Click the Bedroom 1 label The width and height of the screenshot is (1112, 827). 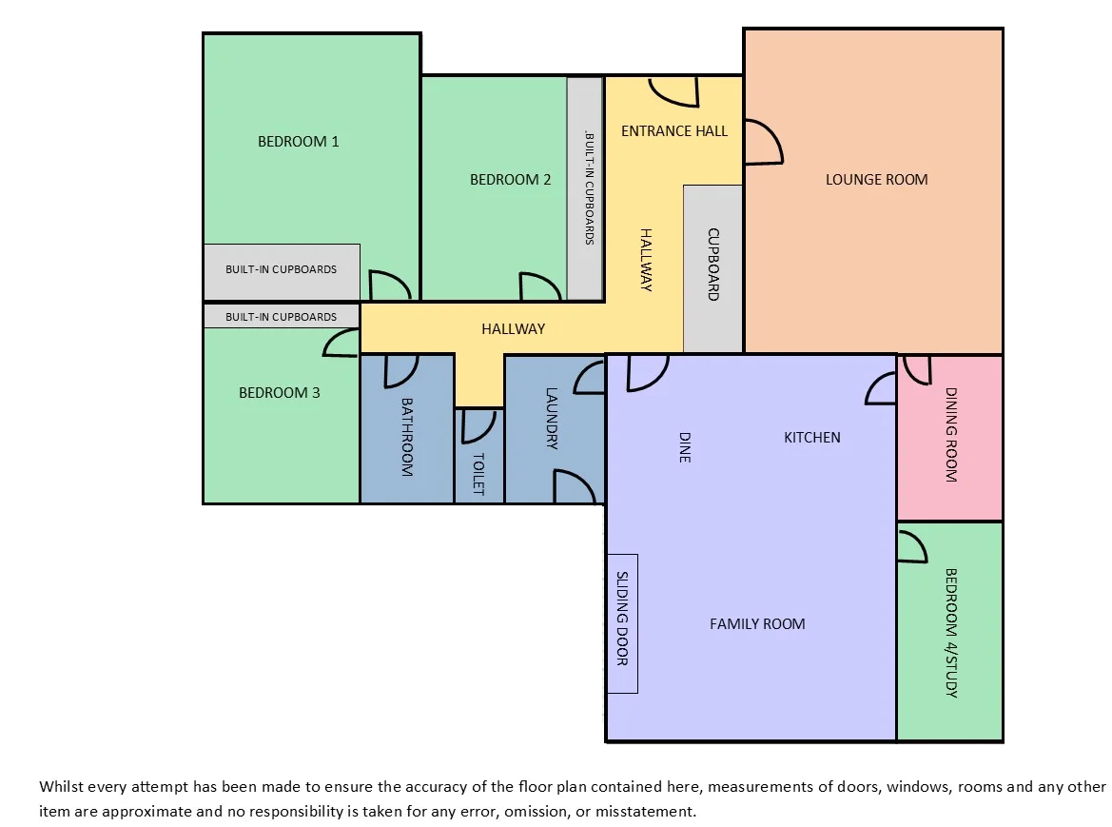point(298,142)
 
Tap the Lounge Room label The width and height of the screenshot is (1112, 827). point(876,180)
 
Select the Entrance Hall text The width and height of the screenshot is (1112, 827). point(674,131)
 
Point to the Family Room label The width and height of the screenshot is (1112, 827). point(757,624)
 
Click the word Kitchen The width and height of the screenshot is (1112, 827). point(812,438)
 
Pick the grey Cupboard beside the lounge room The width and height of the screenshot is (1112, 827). point(712,268)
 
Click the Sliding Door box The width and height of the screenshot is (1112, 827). point(623,623)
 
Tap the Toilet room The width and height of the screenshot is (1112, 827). point(478,456)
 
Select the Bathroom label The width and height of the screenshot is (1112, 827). point(407,437)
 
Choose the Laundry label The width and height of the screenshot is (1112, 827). point(552,419)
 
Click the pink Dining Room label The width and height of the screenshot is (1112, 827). point(951,435)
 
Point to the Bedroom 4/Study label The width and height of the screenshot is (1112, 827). point(951,633)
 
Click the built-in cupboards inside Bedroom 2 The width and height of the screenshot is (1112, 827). point(585,188)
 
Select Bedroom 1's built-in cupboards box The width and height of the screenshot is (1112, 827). point(282,271)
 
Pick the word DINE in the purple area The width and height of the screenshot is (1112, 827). point(684,447)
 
